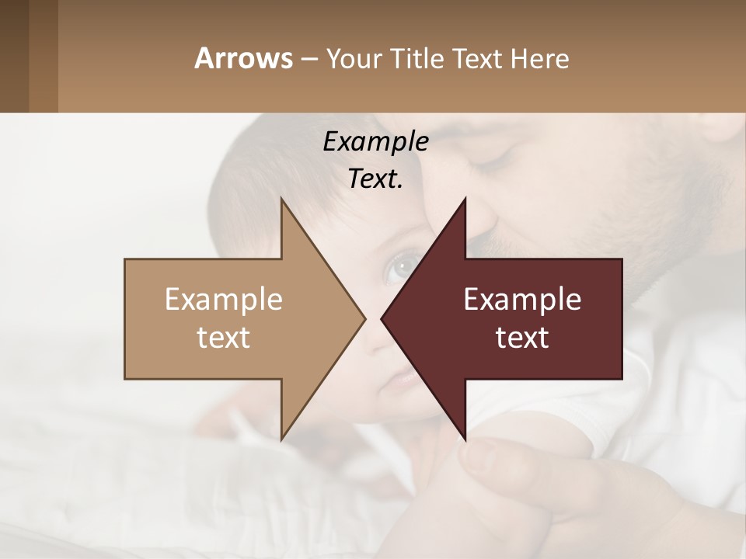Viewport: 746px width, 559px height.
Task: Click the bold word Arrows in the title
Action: (x=243, y=58)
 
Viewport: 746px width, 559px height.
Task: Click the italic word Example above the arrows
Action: (x=375, y=142)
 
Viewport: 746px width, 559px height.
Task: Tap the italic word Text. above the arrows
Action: (x=375, y=179)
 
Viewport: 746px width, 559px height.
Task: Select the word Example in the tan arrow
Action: (x=224, y=300)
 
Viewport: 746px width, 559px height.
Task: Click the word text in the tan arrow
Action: (x=224, y=338)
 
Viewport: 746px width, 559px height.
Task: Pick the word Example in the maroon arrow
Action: (x=522, y=300)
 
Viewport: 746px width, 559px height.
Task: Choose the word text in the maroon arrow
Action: (x=522, y=338)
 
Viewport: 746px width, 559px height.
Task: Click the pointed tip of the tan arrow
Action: (x=364, y=318)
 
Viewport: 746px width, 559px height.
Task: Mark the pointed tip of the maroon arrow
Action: (x=382, y=318)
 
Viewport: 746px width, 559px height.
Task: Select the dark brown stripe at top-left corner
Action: (x=14, y=56)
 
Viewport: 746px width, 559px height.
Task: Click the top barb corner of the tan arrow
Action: (x=281, y=199)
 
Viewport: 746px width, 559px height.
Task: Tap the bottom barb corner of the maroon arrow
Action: (x=465, y=439)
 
